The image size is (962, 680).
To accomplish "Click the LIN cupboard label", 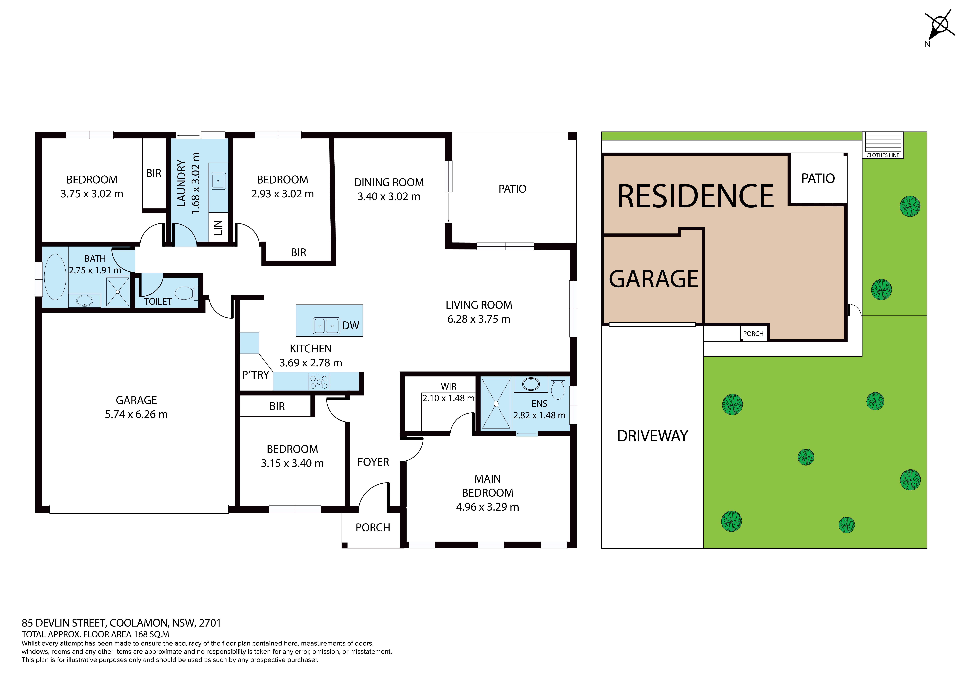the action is tap(218, 228).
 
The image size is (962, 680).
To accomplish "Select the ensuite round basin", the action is tap(531, 384).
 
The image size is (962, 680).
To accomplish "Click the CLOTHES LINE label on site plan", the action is tap(883, 155).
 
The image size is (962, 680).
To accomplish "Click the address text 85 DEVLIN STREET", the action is tap(65, 623).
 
